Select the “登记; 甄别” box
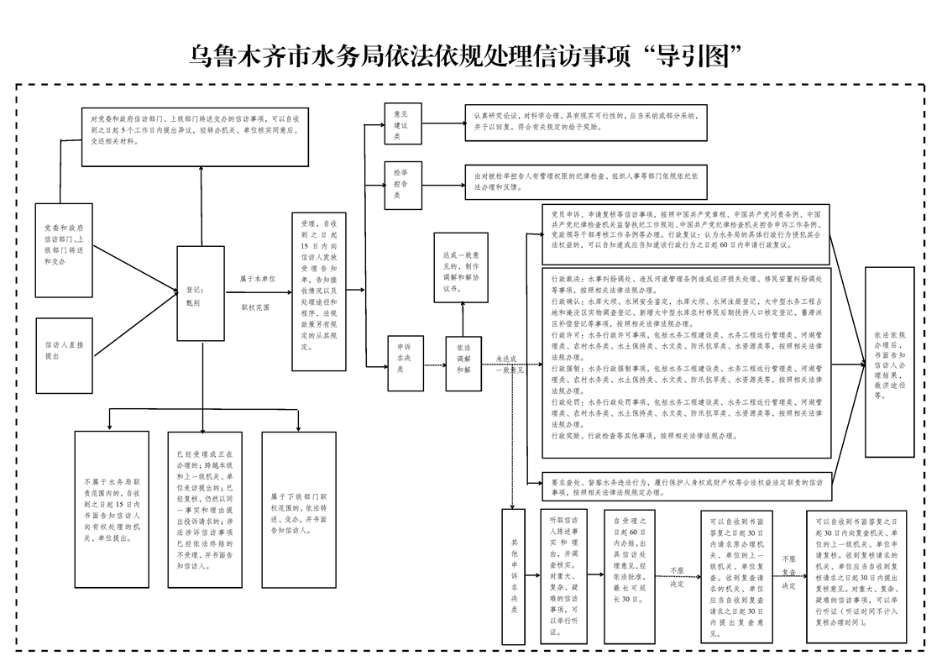point(200,295)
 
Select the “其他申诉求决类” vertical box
point(512,579)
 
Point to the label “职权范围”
point(256,308)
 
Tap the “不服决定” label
point(677,577)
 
